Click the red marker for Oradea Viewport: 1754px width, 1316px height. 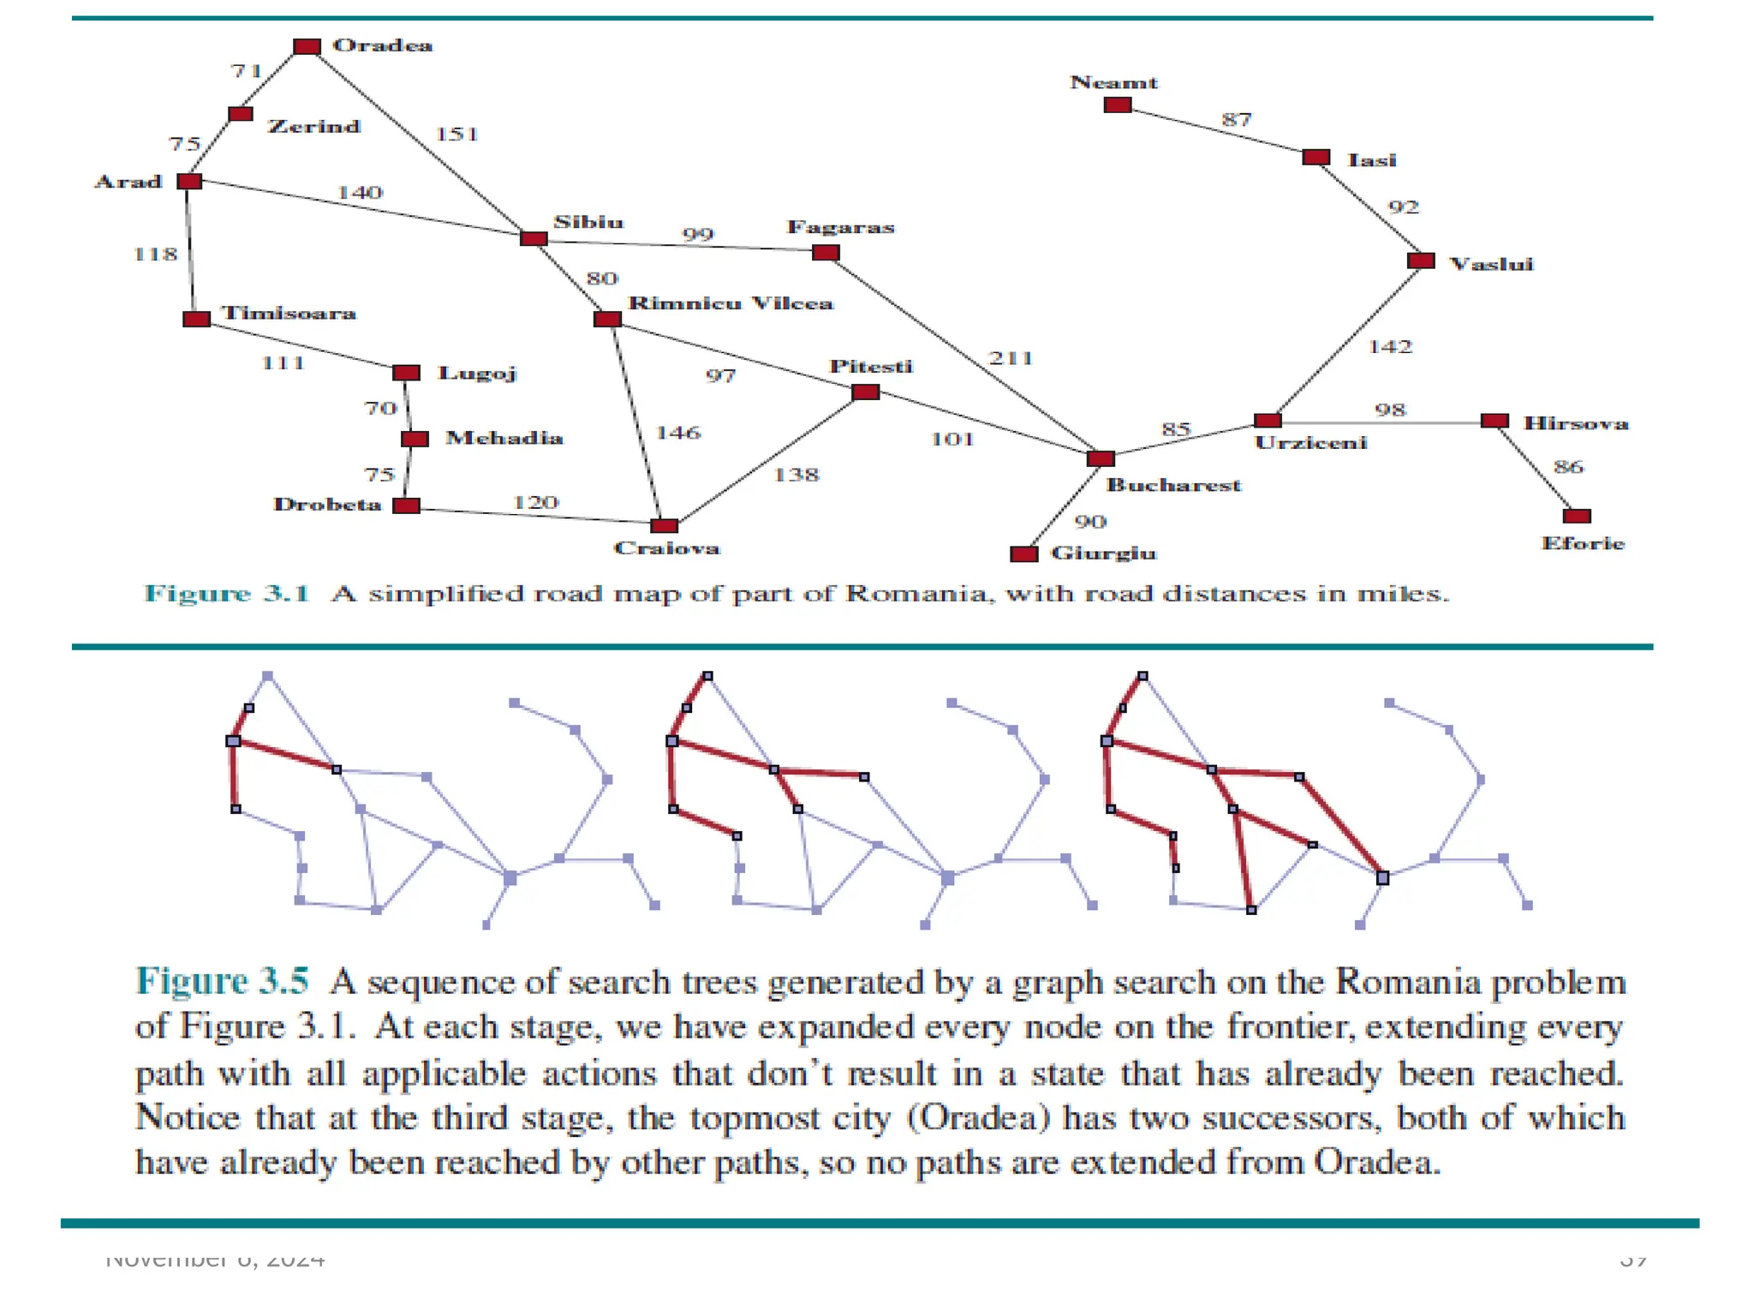pyautogui.click(x=307, y=46)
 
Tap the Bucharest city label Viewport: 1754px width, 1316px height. pyautogui.click(x=1173, y=485)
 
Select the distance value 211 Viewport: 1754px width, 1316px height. pyautogui.click(x=1011, y=357)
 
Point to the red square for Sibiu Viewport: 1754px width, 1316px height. pyautogui.click(x=534, y=237)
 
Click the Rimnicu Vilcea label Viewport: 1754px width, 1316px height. pyautogui.click(x=731, y=303)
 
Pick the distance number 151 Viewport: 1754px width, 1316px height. pyautogui.click(x=456, y=134)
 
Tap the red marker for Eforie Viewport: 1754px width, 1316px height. pyautogui.click(x=1577, y=516)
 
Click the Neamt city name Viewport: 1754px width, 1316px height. pyautogui.click(x=1113, y=82)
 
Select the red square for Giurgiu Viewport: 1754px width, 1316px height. pyautogui.click(x=1024, y=553)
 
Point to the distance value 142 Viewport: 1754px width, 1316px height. pyautogui.click(x=1389, y=346)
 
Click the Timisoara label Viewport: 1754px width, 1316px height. pyautogui.click(x=289, y=313)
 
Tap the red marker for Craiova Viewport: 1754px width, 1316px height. pyautogui.click(x=665, y=525)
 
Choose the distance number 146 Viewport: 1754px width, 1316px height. pyautogui.click(x=677, y=433)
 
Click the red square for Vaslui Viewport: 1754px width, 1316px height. pyautogui.click(x=1421, y=260)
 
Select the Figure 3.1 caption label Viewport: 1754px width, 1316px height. pyautogui.click(x=227, y=593)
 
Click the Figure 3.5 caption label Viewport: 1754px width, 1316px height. pyautogui.click(x=223, y=980)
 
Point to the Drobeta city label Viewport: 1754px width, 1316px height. pyautogui.click(x=327, y=504)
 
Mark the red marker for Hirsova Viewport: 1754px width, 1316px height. pyautogui.click(x=1494, y=421)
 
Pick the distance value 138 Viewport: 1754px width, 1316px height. pyautogui.click(x=796, y=475)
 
